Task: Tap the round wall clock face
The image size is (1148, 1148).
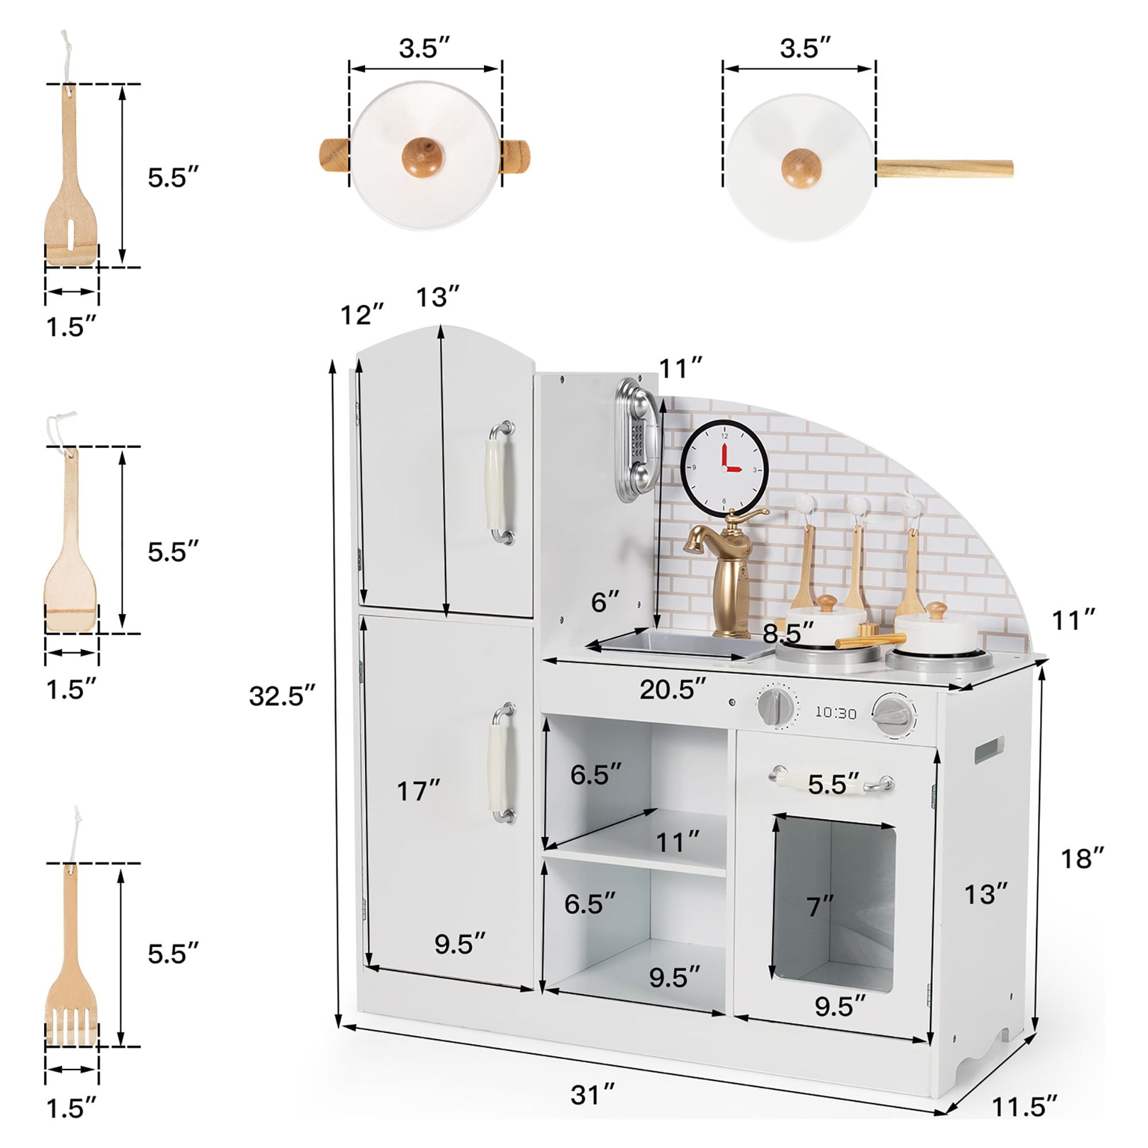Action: [x=724, y=468]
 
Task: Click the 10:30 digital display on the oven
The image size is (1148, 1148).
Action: [x=835, y=712]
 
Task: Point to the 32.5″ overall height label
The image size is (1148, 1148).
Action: [x=282, y=696]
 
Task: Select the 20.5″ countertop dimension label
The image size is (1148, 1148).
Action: [x=673, y=689]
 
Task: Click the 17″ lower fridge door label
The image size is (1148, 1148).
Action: [x=418, y=791]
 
